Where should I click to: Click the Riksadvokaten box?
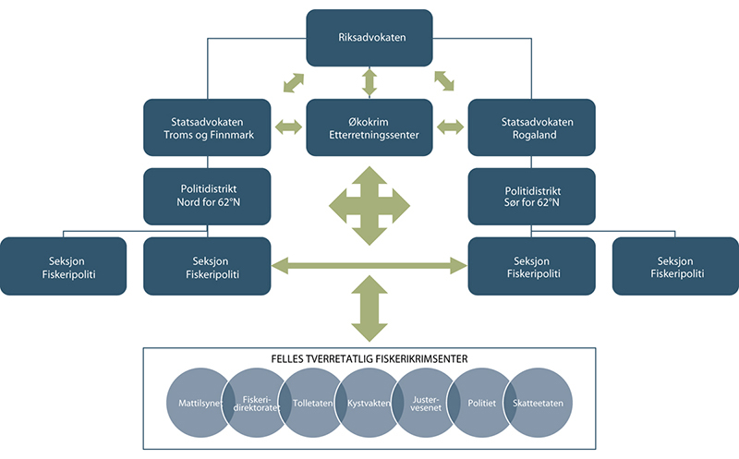(369, 38)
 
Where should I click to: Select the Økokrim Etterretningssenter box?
(369, 127)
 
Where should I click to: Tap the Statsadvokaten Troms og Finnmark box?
(207, 127)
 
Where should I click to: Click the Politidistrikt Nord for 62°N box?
(207, 196)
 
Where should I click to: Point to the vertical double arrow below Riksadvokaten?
(369, 81)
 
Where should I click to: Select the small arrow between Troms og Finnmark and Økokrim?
(287, 127)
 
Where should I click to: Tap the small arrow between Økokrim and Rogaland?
(451, 127)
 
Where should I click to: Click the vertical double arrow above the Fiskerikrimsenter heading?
(369, 311)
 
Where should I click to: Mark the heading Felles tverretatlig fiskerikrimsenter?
(369, 357)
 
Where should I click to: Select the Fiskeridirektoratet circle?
(254, 403)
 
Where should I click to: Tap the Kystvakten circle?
(369, 403)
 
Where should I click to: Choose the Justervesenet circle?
(425, 403)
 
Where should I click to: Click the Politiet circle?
(481, 403)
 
